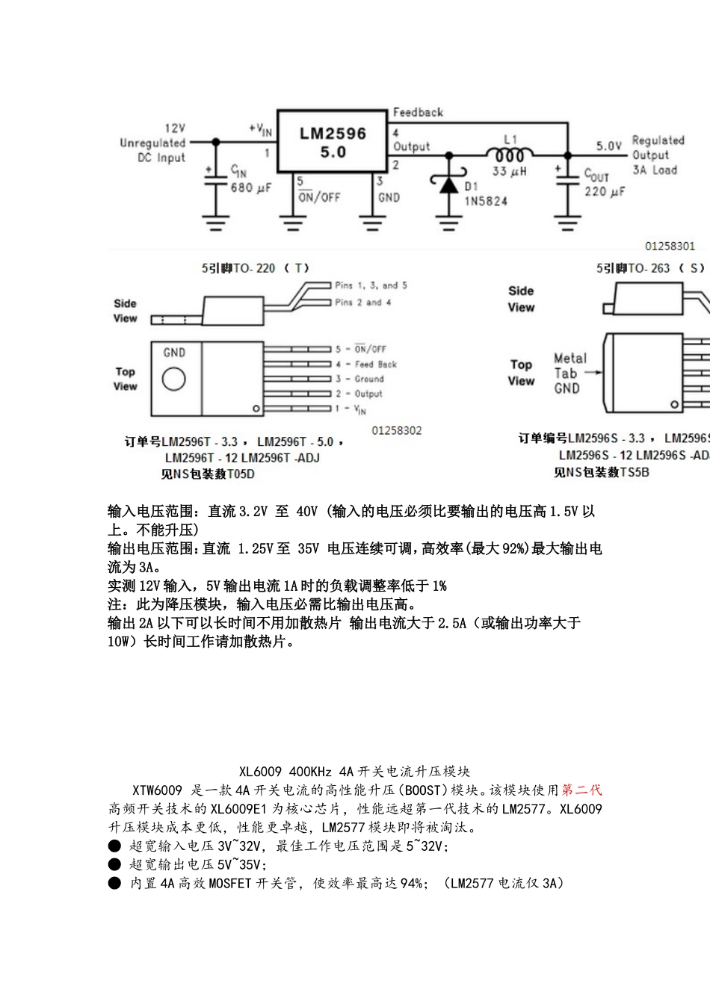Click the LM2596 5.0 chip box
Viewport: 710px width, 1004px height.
(x=333, y=142)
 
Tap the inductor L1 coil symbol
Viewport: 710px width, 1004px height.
(x=510, y=155)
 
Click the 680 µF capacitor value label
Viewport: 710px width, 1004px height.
(x=250, y=188)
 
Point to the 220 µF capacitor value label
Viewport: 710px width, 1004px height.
(x=605, y=192)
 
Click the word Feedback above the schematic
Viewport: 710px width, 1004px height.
(x=418, y=113)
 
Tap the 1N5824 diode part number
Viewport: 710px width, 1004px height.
(x=486, y=201)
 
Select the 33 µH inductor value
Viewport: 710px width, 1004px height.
(x=510, y=172)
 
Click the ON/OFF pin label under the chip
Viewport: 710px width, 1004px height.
(x=319, y=197)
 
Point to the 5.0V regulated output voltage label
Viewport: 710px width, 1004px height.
(x=609, y=146)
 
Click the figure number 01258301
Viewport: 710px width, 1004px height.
(x=670, y=246)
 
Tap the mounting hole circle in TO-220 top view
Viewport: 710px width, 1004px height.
(x=174, y=379)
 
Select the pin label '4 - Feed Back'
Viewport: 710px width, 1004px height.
(x=366, y=365)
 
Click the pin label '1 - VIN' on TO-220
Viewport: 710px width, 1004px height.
(x=351, y=409)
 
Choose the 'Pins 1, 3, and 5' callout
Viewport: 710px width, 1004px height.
(x=371, y=285)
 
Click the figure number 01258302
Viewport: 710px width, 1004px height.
(x=396, y=431)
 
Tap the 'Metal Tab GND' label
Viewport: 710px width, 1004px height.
(x=570, y=373)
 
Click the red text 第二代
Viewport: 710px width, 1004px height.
(x=581, y=790)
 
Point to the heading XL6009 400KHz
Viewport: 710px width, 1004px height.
(x=354, y=772)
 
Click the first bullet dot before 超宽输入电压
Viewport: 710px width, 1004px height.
(x=114, y=846)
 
